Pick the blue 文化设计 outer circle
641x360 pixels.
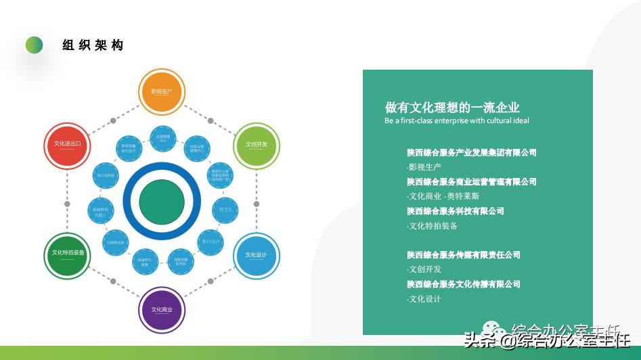click(x=257, y=255)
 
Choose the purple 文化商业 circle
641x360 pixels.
click(x=161, y=310)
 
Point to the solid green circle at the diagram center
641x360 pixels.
click(x=162, y=200)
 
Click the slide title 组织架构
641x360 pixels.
click(x=93, y=45)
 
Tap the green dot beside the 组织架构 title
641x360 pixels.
click(x=34, y=45)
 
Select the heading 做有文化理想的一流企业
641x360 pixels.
click(x=452, y=108)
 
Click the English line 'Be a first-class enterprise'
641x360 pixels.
click(x=457, y=121)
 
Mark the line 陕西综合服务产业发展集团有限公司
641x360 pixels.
click(x=471, y=153)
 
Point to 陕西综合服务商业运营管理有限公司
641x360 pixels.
click(x=471, y=182)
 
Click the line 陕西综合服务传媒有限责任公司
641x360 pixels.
click(x=463, y=255)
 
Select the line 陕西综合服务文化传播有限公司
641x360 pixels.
click(x=463, y=284)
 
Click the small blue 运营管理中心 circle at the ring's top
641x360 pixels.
click(x=162, y=139)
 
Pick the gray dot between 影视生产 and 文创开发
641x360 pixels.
click(x=211, y=120)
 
